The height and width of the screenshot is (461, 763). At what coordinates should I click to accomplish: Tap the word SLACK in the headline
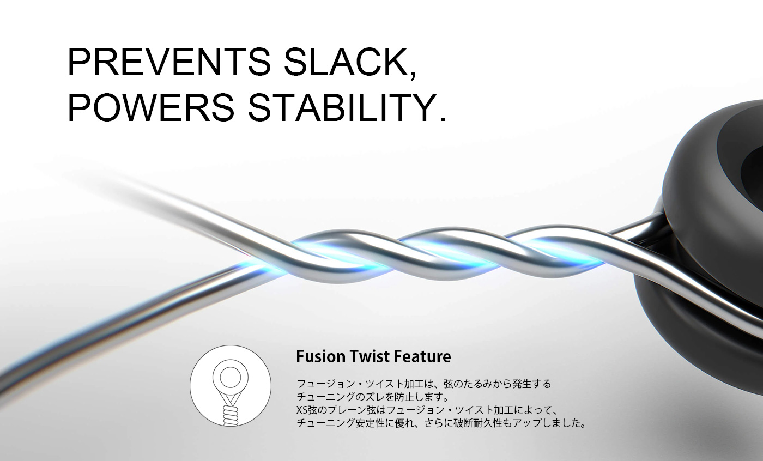(344, 63)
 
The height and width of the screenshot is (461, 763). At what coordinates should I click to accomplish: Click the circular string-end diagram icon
(230, 386)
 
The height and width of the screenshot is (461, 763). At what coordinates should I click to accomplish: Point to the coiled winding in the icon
(230, 415)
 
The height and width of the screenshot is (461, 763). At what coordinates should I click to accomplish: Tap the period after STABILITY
(443, 118)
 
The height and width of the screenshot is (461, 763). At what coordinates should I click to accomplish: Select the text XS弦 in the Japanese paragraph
(306, 410)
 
